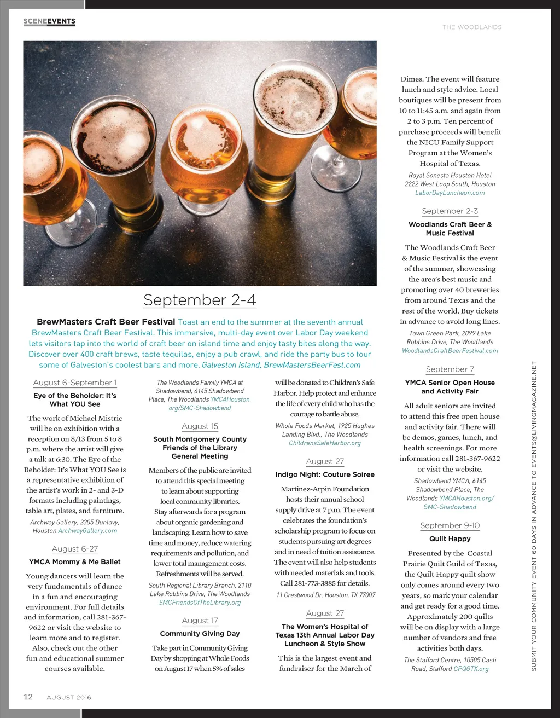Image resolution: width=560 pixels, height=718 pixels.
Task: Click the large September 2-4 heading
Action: [x=200, y=300]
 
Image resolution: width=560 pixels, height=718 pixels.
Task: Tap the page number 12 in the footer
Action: [x=28, y=697]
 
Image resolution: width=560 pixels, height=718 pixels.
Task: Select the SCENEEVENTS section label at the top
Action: [x=49, y=21]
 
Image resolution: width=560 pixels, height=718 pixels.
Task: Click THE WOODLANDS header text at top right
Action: [x=472, y=27]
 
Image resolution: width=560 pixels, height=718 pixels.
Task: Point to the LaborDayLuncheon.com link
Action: [x=450, y=193]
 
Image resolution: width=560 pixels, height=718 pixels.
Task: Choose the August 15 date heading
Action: [x=200, y=426]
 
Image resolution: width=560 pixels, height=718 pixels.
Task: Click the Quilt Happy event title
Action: [x=450, y=538]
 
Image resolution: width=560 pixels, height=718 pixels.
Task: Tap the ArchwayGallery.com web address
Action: [x=87, y=531]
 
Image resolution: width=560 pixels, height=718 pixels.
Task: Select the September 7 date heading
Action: [x=450, y=369]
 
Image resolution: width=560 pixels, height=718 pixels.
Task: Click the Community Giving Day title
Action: [x=200, y=634]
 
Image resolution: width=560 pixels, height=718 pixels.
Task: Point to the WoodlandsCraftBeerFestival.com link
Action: [x=450, y=351]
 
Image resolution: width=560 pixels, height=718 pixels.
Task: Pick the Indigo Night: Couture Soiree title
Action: [x=325, y=474]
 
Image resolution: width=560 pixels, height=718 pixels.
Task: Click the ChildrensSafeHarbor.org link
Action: [x=325, y=443]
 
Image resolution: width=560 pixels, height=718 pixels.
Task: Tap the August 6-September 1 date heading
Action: [x=75, y=383]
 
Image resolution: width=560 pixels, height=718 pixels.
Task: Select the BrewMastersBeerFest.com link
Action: [x=312, y=365]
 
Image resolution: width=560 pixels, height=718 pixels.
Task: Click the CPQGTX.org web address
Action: [x=471, y=669]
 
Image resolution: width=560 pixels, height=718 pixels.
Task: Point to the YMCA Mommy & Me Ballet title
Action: [x=75, y=561]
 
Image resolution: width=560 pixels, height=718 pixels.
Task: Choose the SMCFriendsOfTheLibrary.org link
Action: [x=200, y=603]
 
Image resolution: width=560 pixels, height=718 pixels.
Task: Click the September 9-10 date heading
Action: [x=450, y=525]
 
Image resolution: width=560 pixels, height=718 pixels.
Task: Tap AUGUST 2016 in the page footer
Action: [x=69, y=697]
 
